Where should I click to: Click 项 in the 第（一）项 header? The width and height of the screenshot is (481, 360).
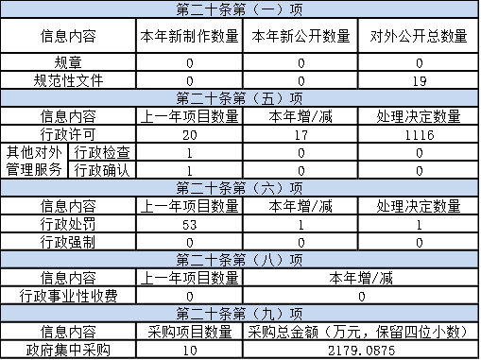tap(297, 9)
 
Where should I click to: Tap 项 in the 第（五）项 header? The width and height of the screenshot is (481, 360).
tap(297, 98)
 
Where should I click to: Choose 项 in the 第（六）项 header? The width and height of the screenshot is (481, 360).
tap(297, 188)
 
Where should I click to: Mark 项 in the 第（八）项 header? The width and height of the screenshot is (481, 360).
tap(297, 260)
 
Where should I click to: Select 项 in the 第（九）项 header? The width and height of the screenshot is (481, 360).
tap(297, 314)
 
